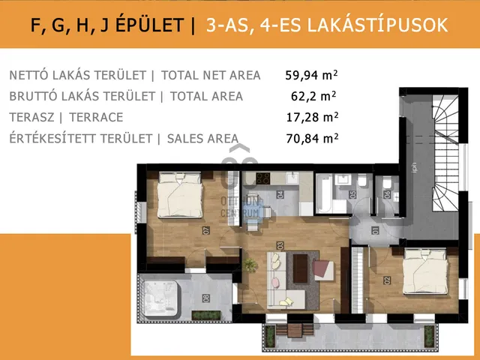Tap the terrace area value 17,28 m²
[x=312, y=117]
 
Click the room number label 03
[x=279, y=245]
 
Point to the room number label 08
[x=205, y=298]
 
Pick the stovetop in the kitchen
[x=263, y=178]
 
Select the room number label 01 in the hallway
[x=374, y=230]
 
